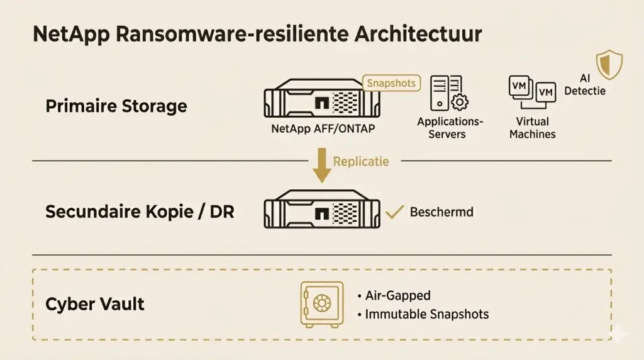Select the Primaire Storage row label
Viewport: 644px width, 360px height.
116,105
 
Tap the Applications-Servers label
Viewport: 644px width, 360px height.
450,128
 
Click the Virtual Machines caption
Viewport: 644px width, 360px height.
532,128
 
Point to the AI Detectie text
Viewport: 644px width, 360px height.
585,85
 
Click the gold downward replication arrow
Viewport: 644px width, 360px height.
321,166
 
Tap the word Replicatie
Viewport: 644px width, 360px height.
361,161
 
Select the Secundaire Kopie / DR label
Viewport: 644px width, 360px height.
140,211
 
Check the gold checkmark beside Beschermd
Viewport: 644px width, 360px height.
394,211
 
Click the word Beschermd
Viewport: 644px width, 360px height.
441,211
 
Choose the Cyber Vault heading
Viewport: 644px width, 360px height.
95,305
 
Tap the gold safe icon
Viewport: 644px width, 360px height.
322,305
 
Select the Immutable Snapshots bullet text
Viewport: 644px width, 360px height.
427,313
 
